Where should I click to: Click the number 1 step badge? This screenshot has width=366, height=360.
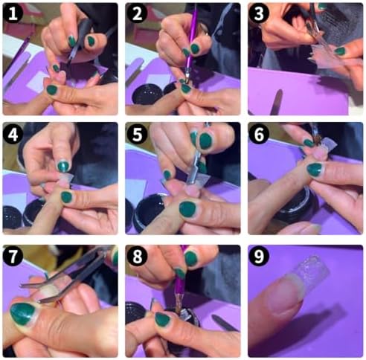(x=13, y=13)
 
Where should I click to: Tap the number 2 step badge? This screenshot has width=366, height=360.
(x=137, y=13)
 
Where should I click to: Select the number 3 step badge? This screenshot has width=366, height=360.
(x=259, y=13)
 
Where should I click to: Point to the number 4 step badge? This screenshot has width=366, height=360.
(x=13, y=134)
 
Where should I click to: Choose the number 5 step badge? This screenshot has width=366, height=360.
(x=137, y=134)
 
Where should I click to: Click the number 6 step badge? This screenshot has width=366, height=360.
(x=259, y=134)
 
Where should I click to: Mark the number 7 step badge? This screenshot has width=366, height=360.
(x=13, y=256)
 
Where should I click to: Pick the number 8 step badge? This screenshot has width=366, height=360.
(x=137, y=256)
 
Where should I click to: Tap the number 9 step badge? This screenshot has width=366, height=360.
(x=259, y=256)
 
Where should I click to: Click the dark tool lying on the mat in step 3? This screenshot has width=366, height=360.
(x=277, y=102)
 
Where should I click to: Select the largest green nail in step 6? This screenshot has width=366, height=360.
(x=315, y=170)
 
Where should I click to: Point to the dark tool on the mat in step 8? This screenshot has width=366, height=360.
(x=225, y=322)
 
